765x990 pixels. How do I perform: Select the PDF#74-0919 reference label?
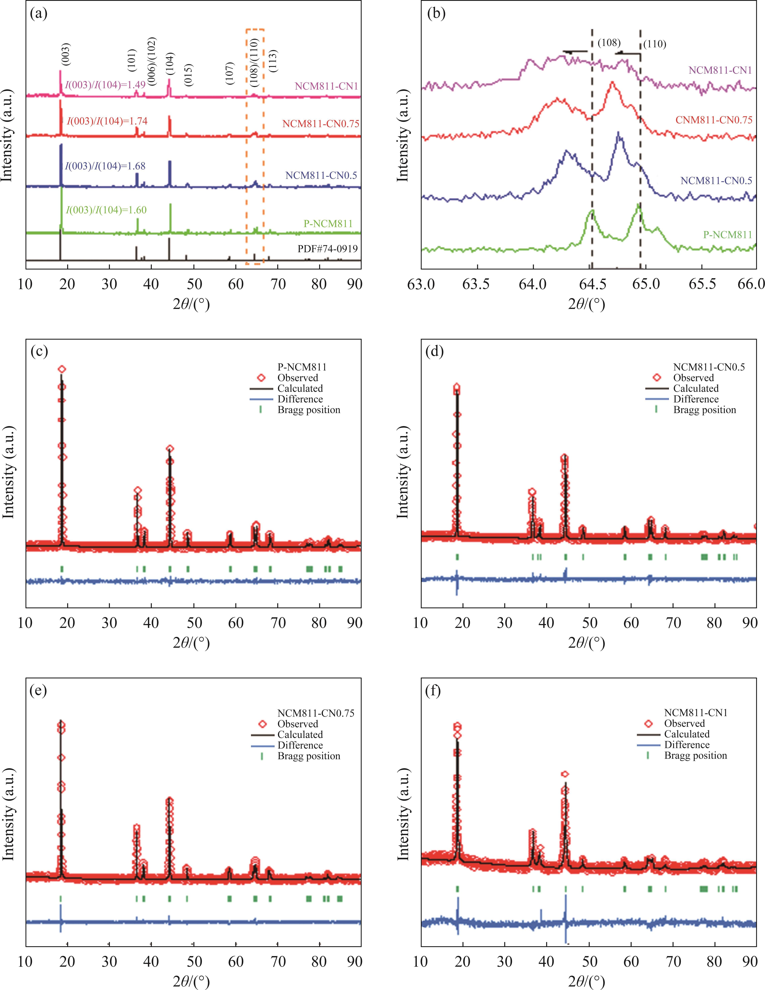[327, 249]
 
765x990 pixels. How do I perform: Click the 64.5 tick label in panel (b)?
[590, 284]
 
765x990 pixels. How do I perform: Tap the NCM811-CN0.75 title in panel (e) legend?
[316, 713]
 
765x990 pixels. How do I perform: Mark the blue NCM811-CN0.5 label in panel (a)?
[321, 175]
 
